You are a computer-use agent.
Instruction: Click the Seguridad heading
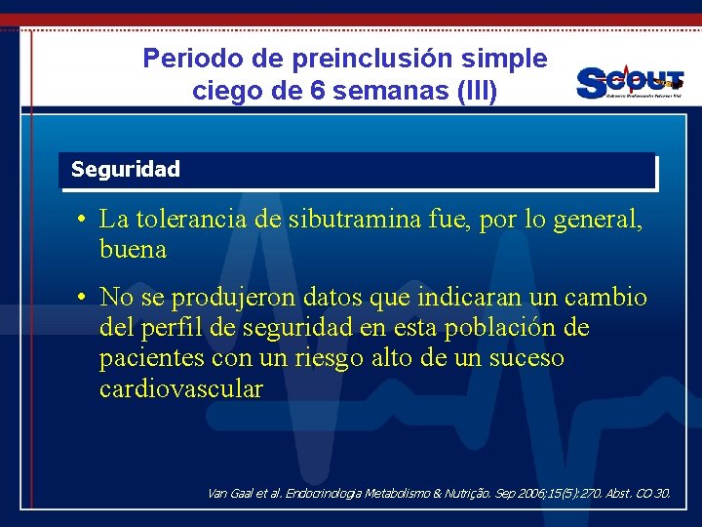point(126,170)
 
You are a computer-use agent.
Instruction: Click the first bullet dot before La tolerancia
point(85,220)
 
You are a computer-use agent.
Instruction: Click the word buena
point(133,250)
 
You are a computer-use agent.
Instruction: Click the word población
point(486,327)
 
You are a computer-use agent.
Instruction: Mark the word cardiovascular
point(181,389)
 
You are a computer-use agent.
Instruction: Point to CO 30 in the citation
point(653,494)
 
